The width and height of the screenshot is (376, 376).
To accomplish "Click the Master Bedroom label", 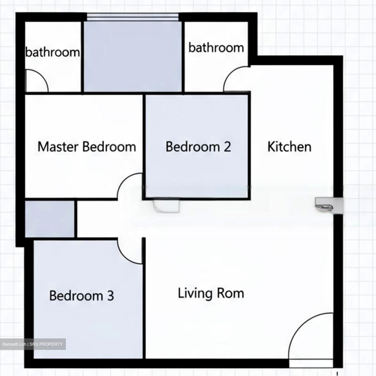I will point(87,147).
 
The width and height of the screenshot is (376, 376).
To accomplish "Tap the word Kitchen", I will point(289,147).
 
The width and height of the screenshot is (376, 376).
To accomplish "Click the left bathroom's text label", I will point(52,52).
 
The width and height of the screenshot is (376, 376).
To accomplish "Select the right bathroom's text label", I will point(216,48).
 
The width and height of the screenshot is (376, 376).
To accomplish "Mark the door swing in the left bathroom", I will point(37,81).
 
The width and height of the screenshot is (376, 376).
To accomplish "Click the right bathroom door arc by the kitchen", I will point(235,78).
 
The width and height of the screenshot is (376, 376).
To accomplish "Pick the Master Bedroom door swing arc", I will point(129,185).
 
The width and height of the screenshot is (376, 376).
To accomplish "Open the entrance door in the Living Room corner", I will point(311,337).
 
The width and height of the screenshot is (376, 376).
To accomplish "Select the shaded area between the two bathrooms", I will point(132,56).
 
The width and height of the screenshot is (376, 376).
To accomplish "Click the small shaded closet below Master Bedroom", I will point(49,219).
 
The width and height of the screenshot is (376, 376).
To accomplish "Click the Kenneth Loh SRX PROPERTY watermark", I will point(33,344).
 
